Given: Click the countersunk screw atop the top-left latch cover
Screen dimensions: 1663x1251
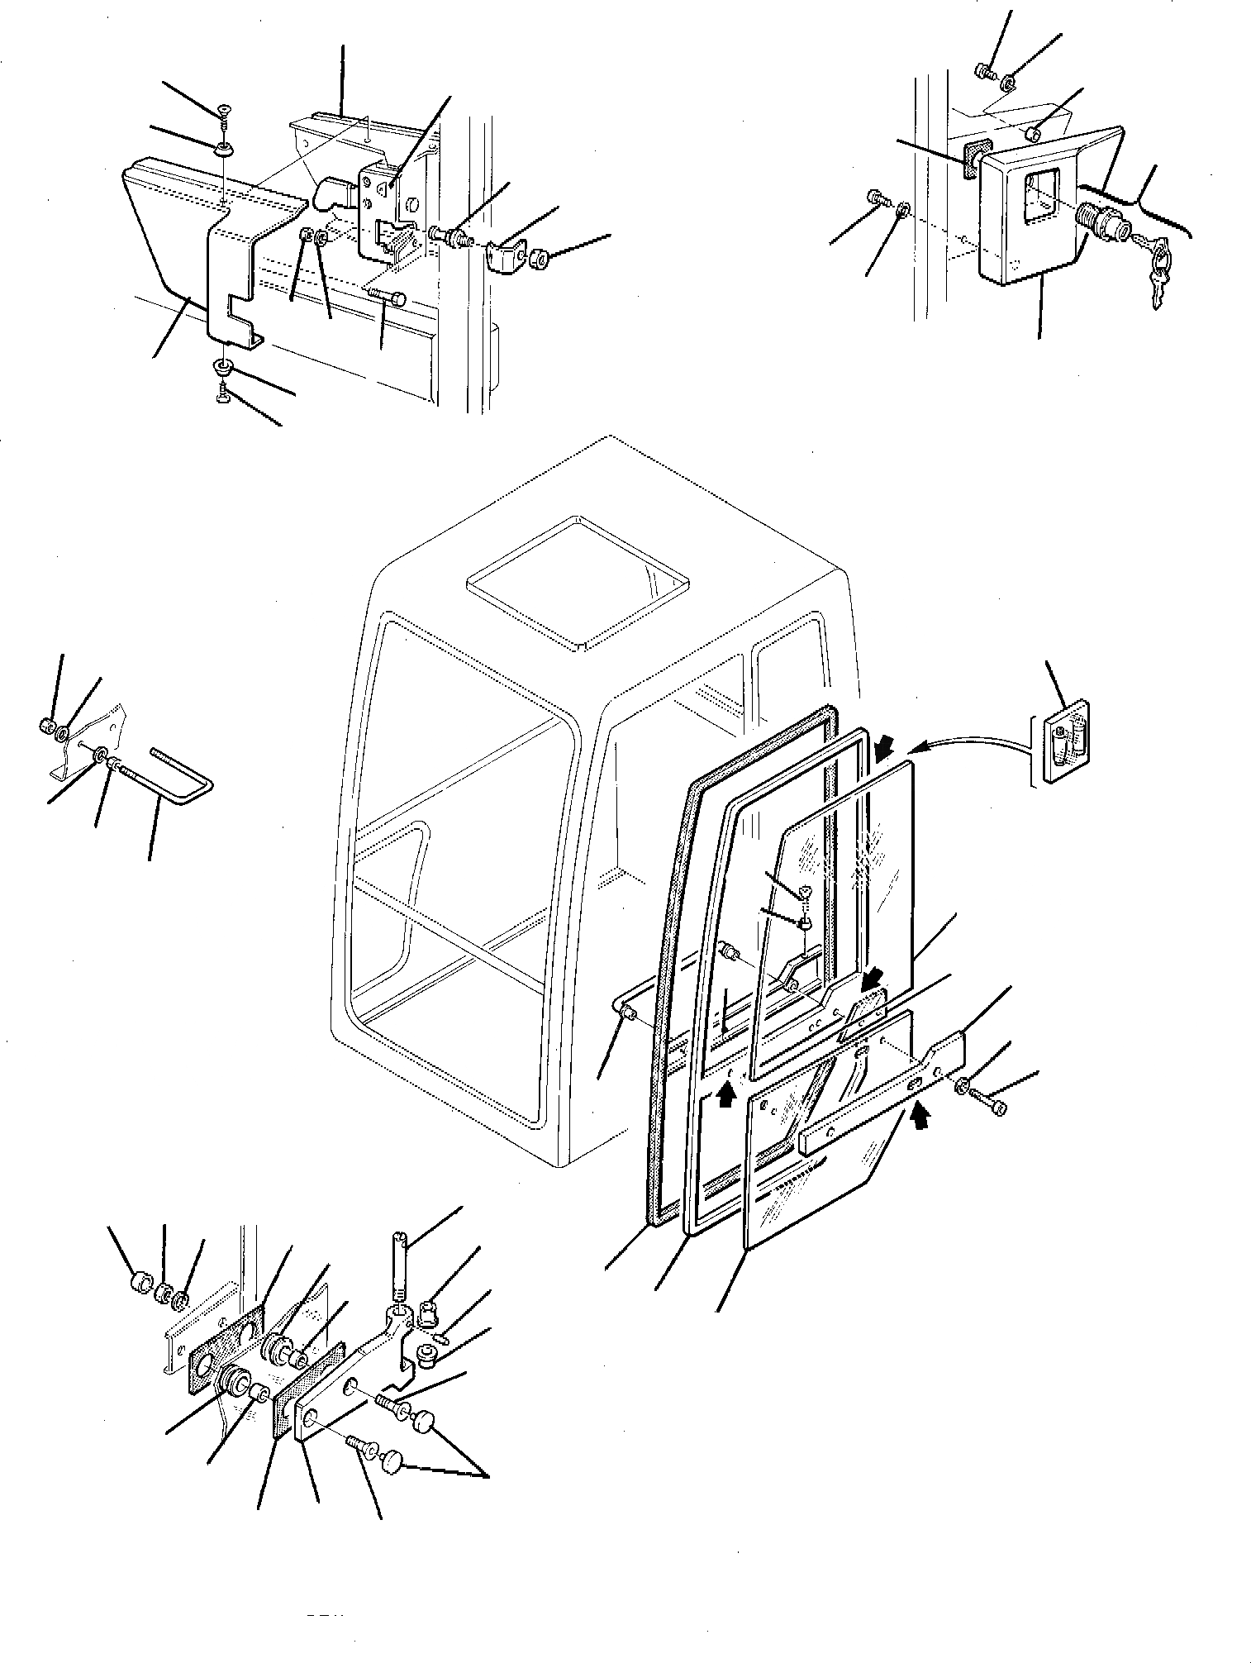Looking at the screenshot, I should point(225,112).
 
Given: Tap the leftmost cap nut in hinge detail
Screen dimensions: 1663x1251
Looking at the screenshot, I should point(140,1307).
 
